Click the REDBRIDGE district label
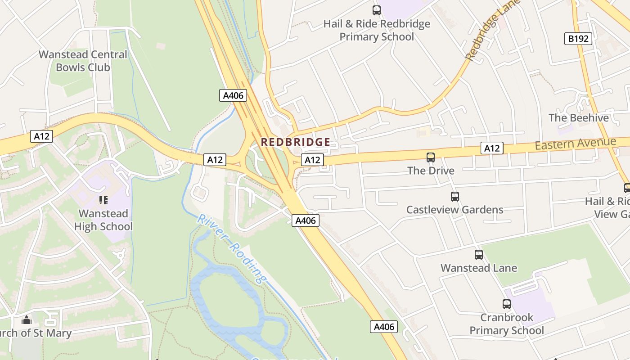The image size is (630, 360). (296, 142)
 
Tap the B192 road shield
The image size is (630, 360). (578, 39)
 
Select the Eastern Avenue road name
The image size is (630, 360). (575, 144)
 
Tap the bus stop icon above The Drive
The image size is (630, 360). (431, 157)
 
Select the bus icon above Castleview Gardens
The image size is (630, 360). (455, 197)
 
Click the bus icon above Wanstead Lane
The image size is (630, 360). (479, 255)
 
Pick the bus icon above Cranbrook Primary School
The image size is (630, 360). (507, 304)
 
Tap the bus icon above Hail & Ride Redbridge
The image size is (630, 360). (377, 10)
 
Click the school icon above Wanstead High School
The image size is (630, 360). (103, 200)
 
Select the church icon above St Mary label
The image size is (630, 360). (27, 320)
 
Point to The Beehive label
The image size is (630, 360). (578, 118)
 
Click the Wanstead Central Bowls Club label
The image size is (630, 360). (83, 61)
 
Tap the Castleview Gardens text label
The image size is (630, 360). (454, 210)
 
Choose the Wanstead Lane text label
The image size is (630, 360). (479, 268)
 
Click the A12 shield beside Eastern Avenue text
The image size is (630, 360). (491, 148)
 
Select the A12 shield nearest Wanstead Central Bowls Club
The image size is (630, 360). (41, 136)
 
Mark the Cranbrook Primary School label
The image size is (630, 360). (507, 324)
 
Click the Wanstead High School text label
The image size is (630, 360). (103, 220)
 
